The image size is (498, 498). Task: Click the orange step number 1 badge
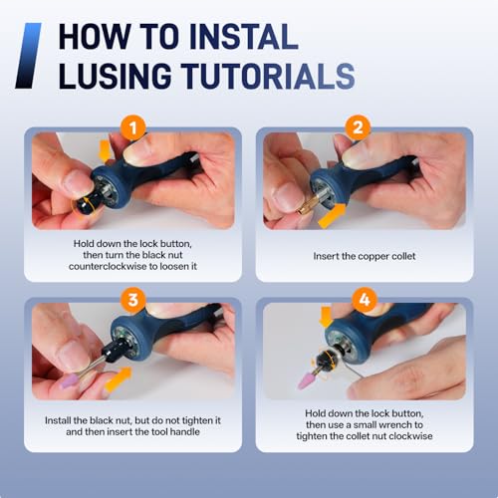(133, 127)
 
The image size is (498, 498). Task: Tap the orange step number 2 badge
(358, 127)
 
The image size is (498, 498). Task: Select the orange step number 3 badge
(133, 300)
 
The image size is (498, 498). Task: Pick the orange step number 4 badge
(365, 300)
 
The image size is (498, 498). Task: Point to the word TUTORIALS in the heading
(268, 76)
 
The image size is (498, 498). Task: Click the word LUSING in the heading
(115, 76)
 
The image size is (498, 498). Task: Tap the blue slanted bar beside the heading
(28, 56)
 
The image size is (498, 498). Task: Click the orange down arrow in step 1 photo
(105, 151)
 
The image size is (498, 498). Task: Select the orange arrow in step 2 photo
(332, 216)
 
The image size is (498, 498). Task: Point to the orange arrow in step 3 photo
(118, 379)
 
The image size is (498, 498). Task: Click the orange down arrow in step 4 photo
(326, 317)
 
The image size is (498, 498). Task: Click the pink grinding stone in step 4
(306, 379)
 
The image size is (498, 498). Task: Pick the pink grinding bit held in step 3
(71, 380)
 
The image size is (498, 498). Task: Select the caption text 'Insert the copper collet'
(365, 256)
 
